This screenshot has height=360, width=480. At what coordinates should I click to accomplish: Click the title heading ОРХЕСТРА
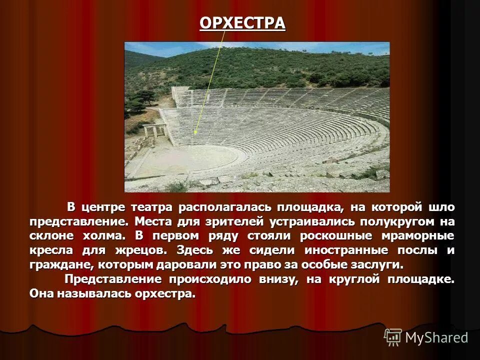click(x=242, y=23)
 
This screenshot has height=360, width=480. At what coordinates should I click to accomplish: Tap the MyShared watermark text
click(x=436, y=337)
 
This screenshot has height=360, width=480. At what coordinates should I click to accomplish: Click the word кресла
click(x=49, y=250)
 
